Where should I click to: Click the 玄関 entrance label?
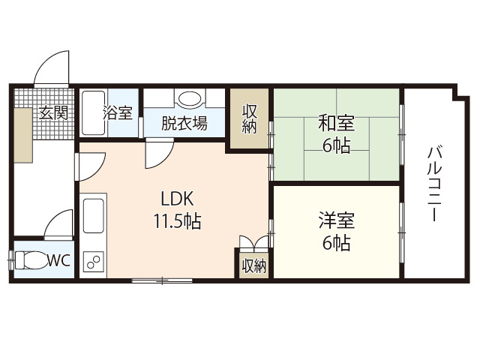click(53, 113)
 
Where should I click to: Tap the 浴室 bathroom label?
click(118, 113)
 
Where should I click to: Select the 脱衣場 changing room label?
click(184, 123)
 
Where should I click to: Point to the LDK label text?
click(178, 199)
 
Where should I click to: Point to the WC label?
click(58, 262)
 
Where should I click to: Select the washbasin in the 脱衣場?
click(189, 100)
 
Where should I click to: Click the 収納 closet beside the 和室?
click(250, 118)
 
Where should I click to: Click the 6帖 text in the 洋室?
click(335, 242)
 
